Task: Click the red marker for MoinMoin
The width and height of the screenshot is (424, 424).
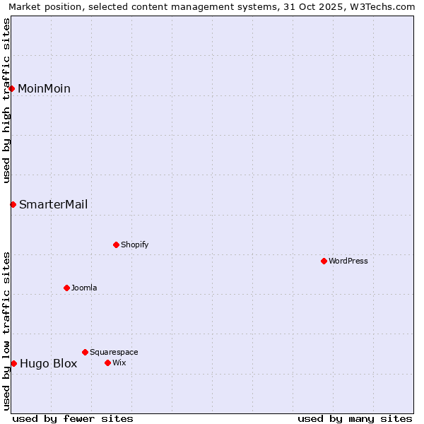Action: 12,88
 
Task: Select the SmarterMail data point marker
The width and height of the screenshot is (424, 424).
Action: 13,204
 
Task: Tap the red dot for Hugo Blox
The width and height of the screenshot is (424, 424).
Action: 13,363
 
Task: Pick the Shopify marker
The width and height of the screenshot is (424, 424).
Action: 116,245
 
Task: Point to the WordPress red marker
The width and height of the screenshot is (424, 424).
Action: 324,261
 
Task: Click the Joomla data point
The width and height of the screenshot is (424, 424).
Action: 66,288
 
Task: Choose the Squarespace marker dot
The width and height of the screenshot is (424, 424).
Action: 85,352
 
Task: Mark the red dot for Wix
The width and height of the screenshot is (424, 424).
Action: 107,363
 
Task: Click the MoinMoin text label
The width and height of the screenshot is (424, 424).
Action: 44,88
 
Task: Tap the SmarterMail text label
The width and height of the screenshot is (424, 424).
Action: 53,204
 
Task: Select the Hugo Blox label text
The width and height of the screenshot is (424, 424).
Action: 48,364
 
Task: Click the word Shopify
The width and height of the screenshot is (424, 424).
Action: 134,245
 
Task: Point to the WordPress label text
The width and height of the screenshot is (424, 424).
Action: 348,261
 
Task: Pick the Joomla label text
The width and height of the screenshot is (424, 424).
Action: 84,288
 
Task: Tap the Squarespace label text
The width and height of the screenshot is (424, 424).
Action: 114,352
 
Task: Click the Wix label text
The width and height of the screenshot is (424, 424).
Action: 119,363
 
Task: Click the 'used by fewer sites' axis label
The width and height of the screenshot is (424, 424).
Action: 73,418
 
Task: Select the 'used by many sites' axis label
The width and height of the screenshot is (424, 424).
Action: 355,418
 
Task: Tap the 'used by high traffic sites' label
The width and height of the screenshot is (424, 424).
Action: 6,100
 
